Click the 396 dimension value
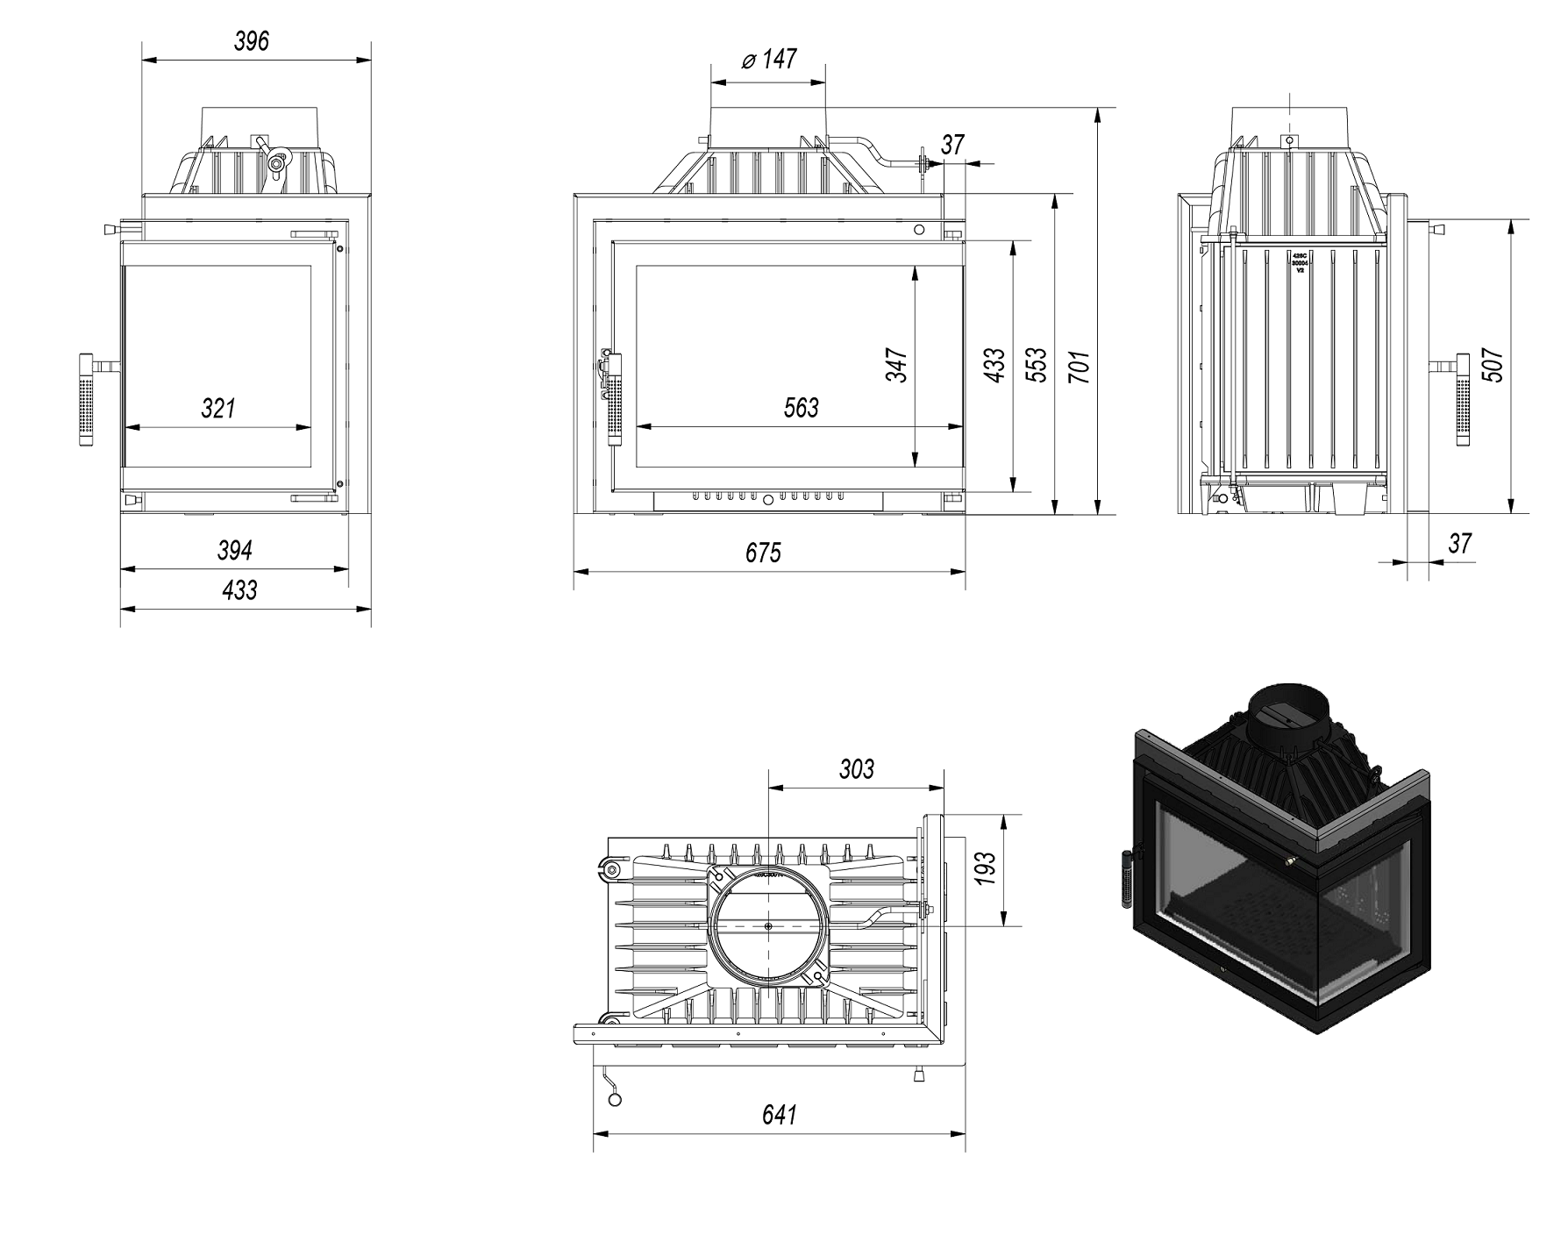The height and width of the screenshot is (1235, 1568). [252, 41]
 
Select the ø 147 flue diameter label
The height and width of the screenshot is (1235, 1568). [769, 60]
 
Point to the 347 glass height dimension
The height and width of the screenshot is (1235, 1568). [896, 365]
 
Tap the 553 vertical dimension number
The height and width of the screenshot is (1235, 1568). [1037, 365]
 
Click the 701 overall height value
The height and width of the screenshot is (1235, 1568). [1080, 367]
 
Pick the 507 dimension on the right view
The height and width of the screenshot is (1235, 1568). [1493, 366]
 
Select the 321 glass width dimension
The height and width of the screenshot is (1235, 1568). [217, 408]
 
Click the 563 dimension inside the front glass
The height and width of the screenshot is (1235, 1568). [800, 408]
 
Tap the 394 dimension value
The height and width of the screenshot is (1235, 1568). [235, 550]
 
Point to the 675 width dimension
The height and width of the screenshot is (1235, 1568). [763, 553]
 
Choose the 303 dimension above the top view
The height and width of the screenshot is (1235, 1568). [856, 769]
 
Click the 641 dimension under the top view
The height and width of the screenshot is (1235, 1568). [779, 1115]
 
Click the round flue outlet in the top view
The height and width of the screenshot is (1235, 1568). [767, 925]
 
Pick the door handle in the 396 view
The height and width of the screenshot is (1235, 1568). [87, 399]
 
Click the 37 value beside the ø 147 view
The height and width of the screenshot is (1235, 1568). [953, 144]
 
